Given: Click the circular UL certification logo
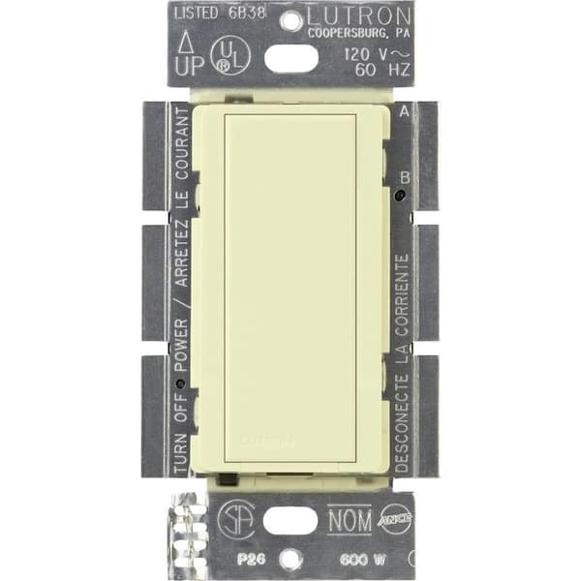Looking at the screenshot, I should (x=229, y=57).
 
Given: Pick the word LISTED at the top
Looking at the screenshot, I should (x=199, y=14).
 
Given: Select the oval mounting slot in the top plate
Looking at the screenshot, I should (x=290, y=58).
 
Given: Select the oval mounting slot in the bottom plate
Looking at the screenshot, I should (x=290, y=520).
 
